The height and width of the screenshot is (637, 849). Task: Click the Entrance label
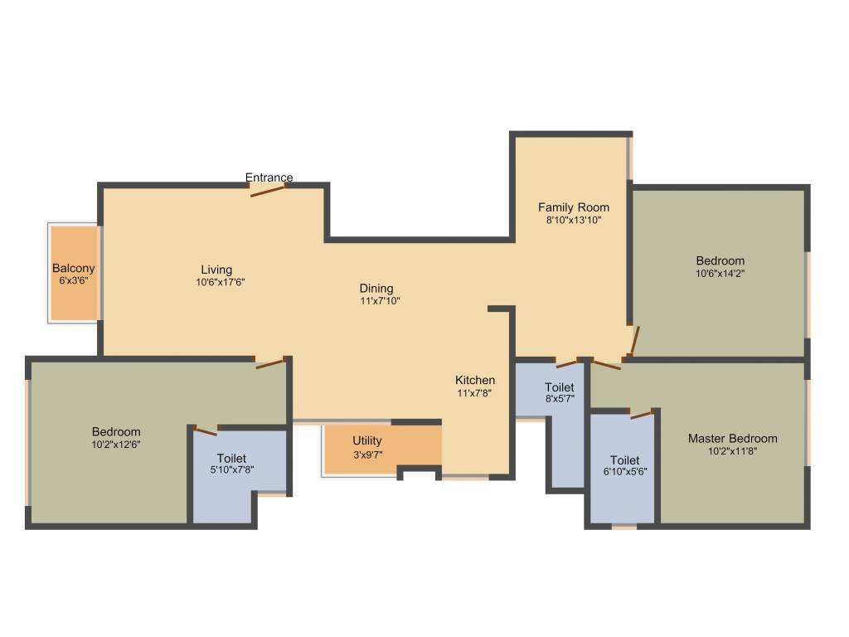[x=269, y=177]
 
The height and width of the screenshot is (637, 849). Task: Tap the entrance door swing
[x=268, y=192]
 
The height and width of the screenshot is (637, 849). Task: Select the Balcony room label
[x=74, y=268]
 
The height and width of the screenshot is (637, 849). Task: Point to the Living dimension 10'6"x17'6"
[x=216, y=282]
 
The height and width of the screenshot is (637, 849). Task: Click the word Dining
[x=376, y=289]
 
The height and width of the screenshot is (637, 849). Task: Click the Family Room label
[x=574, y=207]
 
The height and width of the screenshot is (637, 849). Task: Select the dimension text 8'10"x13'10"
[x=574, y=221]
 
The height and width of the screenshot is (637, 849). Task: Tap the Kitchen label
[x=475, y=380]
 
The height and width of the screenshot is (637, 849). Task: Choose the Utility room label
[x=367, y=440]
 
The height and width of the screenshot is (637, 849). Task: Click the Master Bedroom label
[x=733, y=438]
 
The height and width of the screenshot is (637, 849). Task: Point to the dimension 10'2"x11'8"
[x=733, y=451]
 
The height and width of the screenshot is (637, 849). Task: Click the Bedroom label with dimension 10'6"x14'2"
[x=720, y=260]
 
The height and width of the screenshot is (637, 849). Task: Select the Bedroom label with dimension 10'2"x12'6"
[x=116, y=431]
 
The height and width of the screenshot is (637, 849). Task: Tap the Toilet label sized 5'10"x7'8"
[x=231, y=458]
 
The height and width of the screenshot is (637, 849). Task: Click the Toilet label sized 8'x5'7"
[x=559, y=387]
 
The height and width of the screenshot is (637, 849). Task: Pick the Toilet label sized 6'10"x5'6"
[x=624, y=460]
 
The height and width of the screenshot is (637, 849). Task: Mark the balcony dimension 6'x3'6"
[x=74, y=281]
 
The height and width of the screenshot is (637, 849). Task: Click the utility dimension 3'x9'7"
[x=367, y=454]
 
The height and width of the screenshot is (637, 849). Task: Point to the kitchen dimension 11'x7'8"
[x=475, y=393]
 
